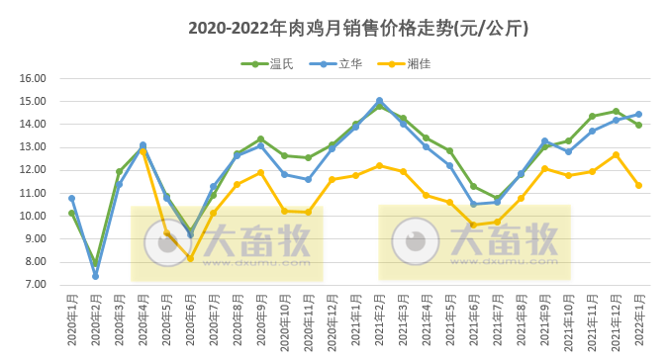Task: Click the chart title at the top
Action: click(x=358, y=29)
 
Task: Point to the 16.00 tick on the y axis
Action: click(x=34, y=78)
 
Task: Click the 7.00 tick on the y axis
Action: click(x=36, y=285)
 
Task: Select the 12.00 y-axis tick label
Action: click(x=34, y=170)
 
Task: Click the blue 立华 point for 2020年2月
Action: click(x=95, y=276)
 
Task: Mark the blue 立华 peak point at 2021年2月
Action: click(x=379, y=101)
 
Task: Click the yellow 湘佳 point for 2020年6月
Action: click(x=190, y=259)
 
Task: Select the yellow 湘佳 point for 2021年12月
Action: click(x=616, y=154)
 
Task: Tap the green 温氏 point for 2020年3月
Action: click(x=119, y=172)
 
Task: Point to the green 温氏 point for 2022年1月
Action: click(x=638, y=125)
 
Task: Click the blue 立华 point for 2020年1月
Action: click(x=71, y=198)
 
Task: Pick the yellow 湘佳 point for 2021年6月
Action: click(x=473, y=225)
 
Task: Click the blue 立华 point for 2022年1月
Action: click(x=638, y=114)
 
